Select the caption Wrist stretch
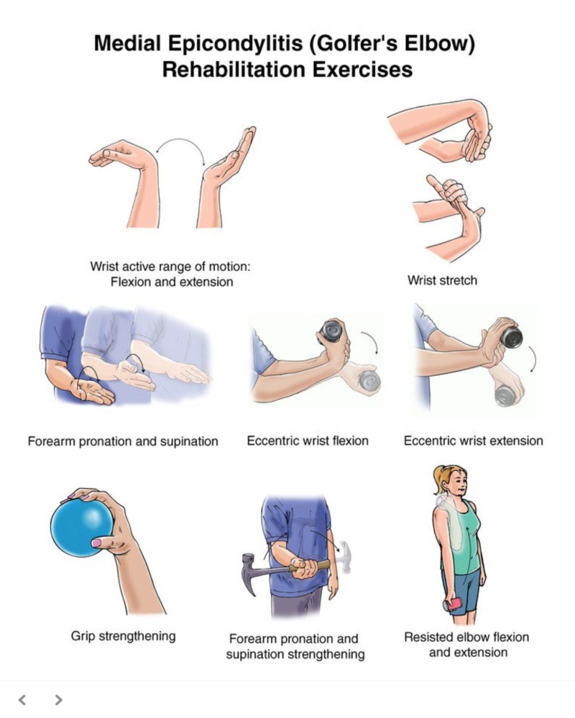pyautogui.click(x=442, y=280)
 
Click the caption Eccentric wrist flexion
pyautogui.click(x=308, y=441)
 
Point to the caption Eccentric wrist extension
pyautogui.click(x=474, y=441)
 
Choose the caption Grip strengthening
pyautogui.click(x=123, y=636)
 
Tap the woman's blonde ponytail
pyautogui.click(x=438, y=479)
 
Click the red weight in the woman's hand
pyautogui.click(x=454, y=604)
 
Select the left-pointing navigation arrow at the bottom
pyautogui.click(x=22, y=700)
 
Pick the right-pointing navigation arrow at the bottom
pyautogui.click(x=58, y=700)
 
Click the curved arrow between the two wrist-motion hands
pyautogui.click(x=180, y=141)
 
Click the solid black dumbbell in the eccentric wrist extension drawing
pyautogui.click(x=512, y=337)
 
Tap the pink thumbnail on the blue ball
pyautogui.click(x=96, y=543)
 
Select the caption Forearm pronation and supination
pyautogui.click(x=123, y=441)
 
